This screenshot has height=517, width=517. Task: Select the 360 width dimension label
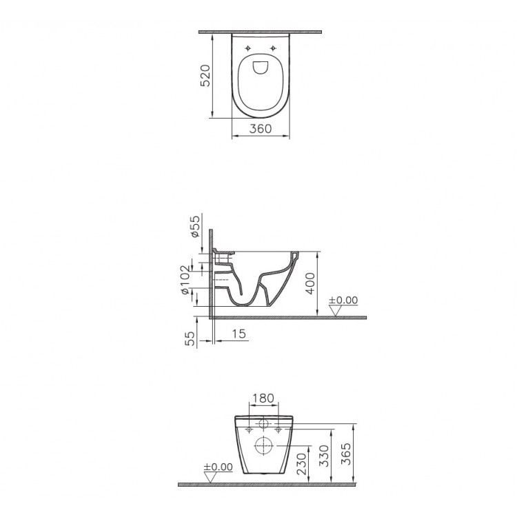click(260, 128)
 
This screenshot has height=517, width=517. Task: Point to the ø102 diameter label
click(185, 280)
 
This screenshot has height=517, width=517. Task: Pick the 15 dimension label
click(237, 334)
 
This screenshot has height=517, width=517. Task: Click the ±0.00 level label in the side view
click(343, 301)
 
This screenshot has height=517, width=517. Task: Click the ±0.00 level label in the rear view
click(218, 467)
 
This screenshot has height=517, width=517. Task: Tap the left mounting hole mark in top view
click(247, 48)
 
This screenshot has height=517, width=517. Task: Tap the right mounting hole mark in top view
click(273, 48)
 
